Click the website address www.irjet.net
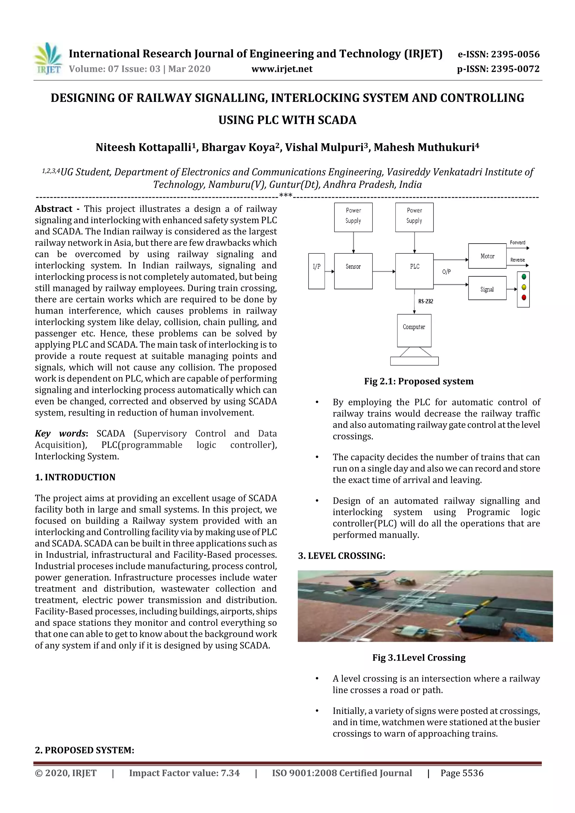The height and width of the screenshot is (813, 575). pos(282,69)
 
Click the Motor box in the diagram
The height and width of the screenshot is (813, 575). pos(487,256)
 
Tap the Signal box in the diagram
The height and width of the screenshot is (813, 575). pos(487,288)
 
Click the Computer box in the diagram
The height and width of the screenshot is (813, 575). pos(414,330)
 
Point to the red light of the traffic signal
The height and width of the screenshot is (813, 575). pos(524,297)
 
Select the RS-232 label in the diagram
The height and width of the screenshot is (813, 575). pos(425,301)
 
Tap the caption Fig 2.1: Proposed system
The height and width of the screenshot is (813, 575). pos(418,381)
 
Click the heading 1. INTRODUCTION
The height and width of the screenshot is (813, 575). pos(75,477)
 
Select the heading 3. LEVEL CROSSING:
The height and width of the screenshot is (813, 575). pos(341,556)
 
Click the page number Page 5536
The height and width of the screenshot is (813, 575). pos(462,773)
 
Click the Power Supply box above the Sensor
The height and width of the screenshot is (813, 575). pos(353,217)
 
